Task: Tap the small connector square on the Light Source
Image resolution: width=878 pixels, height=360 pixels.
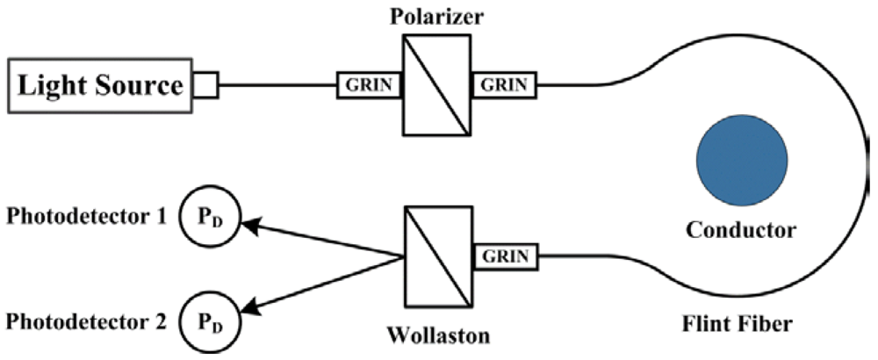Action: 205,86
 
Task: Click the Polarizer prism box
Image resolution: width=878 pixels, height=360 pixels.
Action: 436,85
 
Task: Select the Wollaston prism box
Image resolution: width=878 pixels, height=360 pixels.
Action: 436,256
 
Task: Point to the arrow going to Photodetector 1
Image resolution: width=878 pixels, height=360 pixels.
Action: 320,240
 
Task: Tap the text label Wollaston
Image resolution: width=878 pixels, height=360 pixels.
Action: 435,335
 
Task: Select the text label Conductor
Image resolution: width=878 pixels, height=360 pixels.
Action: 741,231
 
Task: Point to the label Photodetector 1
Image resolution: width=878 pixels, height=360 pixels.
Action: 85,216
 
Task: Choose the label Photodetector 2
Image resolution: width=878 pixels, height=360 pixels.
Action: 85,321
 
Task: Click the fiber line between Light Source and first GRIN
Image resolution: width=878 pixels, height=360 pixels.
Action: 277,85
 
